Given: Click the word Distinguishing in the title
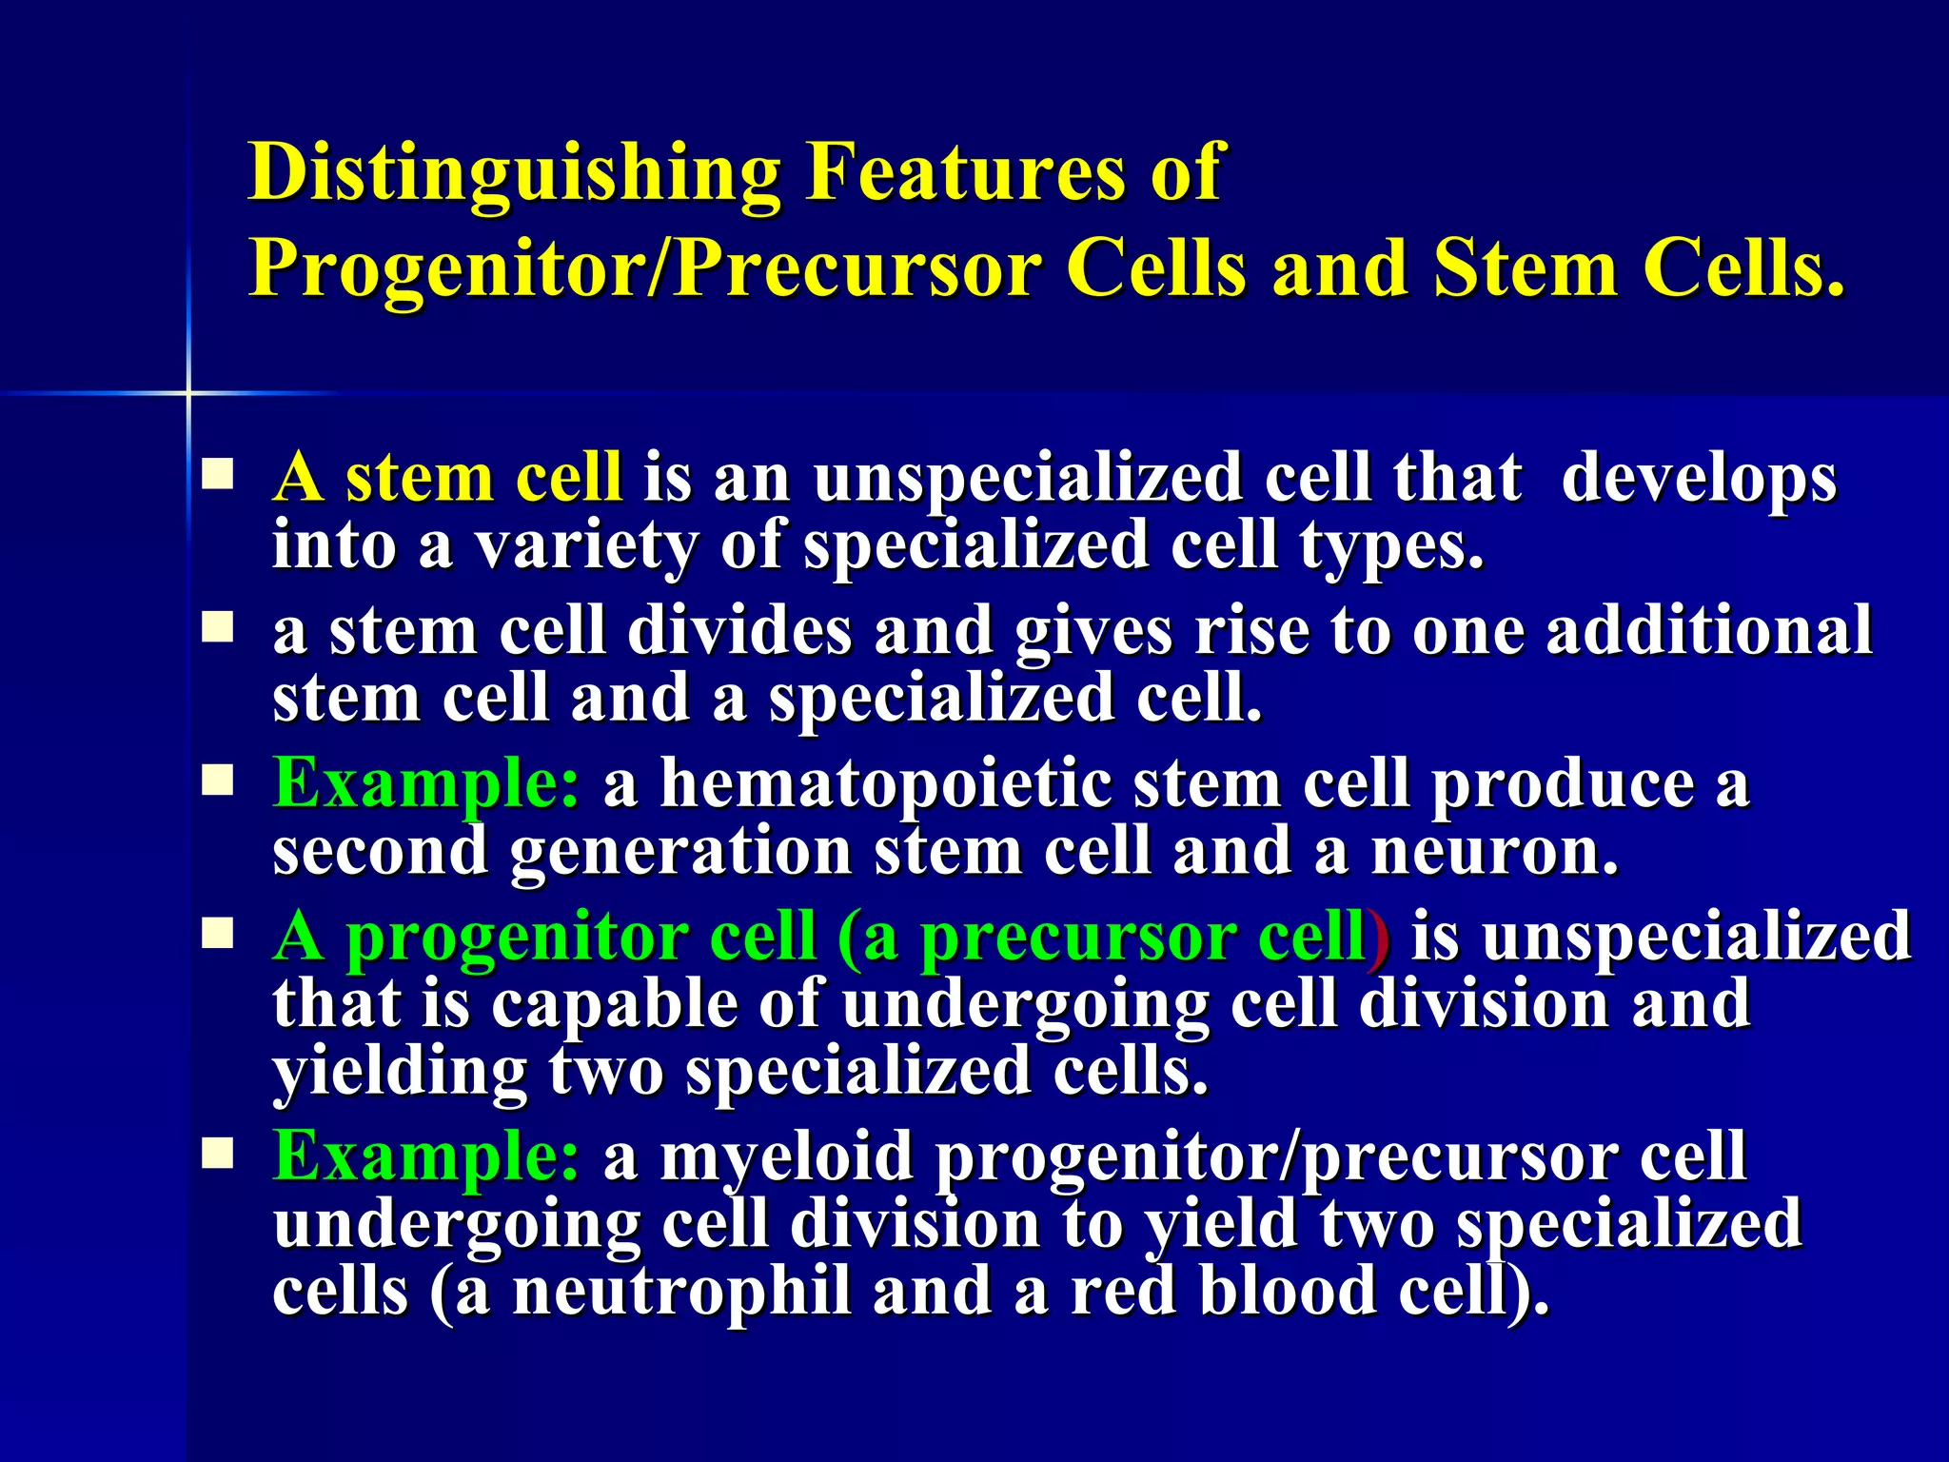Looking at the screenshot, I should (514, 173).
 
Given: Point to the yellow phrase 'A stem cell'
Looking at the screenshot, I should (447, 477).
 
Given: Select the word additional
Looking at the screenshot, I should (1708, 630).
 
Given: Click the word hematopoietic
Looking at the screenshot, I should (886, 784).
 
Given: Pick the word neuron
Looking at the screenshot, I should (1493, 852).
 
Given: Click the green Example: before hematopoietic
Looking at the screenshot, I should (425, 784).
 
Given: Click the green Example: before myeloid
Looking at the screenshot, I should (425, 1156).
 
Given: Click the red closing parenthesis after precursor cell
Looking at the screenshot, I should (1377, 938).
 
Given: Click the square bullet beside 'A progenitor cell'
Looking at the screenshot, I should (218, 936).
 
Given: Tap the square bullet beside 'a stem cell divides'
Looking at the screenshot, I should (218, 628).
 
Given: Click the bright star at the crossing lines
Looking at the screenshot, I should (188, 392).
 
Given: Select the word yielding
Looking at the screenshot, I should (400, 1074).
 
